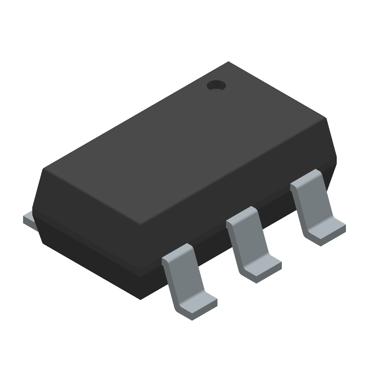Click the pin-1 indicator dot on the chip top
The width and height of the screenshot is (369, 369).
tap(215, 85)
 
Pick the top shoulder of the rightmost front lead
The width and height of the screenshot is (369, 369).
tap(305, 178)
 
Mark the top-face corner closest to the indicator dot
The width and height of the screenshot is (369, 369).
tap(229, 63)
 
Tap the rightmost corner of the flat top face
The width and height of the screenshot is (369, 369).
tap(327, 119)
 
